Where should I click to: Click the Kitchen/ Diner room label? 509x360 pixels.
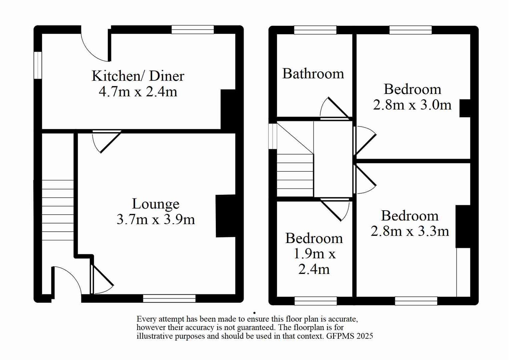138,76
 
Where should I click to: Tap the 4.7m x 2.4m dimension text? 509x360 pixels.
138,92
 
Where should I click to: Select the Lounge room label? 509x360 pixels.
155,204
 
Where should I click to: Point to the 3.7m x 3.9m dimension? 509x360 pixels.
155,219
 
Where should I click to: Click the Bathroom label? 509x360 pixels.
313,74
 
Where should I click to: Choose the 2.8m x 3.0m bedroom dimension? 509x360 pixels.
412,105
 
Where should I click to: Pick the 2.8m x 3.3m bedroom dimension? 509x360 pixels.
410,231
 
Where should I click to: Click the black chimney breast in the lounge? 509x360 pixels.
225,216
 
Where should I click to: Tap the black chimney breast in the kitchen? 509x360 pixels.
228,109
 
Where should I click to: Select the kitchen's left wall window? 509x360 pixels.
38,65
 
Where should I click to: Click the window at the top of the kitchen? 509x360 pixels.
192,30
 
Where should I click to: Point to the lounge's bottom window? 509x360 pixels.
169,298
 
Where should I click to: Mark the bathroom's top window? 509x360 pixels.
315,30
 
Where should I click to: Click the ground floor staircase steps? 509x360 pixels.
57,210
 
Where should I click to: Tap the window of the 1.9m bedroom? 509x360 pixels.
315,301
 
